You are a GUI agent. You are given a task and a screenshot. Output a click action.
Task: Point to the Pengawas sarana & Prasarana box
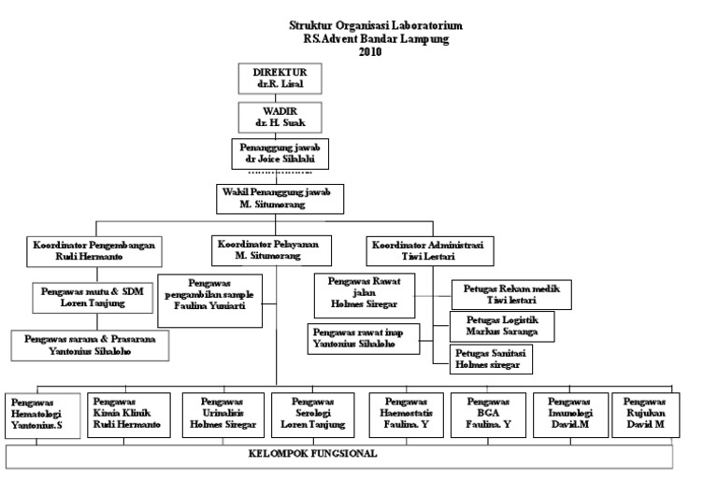96,346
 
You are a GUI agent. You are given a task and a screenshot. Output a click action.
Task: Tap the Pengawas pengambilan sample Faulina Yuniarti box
208,297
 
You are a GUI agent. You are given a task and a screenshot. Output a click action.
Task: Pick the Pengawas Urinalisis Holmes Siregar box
220,413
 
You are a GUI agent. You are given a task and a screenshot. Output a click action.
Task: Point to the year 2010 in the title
370,51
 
